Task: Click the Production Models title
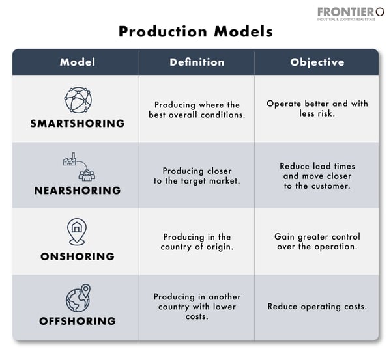(x=195, y=31)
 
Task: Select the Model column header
(x=78, y=62)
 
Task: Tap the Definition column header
(x=197, y=62)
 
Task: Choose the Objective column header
(x=317, y=62)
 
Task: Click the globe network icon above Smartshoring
(x=78, y=100)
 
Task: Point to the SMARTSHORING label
(x=78, y=122)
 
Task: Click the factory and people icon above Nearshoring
(x=78, y=167)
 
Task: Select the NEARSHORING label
(x=78, y=191)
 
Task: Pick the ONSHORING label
(x=78, y=256)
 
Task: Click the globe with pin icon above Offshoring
(x=78, y=298)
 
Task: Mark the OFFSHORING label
(x=78, y=321)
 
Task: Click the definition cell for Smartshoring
(x=197, y=109)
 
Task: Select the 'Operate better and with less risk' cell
(x=317, y=109)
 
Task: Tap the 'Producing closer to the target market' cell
(x=197, y=176)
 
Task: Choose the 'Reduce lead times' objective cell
(x=317, y=176)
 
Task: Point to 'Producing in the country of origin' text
(x=197, y=242)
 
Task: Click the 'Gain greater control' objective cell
(x=317, y=242)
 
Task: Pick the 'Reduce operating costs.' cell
(x=317, y=307)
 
